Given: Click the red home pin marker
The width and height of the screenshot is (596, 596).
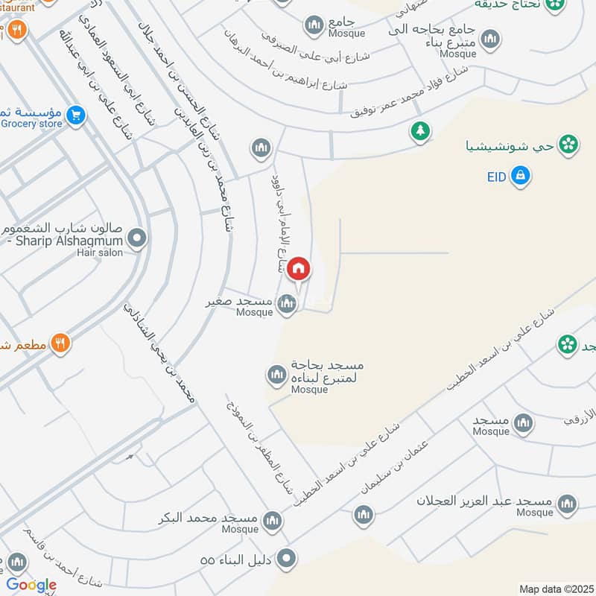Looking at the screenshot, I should coord(298,268).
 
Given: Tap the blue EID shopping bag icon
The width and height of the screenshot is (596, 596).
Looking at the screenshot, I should coord(521,176).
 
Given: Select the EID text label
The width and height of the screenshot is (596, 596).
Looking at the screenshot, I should coord(497,177).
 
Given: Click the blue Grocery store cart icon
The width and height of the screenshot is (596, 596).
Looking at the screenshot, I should coord(74,115).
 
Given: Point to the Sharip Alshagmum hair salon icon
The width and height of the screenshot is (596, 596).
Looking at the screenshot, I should coord(136,239).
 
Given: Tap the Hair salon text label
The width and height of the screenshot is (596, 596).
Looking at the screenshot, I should coord(98,253).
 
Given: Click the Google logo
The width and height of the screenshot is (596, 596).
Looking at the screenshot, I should coord(31,585).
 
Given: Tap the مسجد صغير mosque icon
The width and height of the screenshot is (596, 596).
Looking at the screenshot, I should coord(287,304).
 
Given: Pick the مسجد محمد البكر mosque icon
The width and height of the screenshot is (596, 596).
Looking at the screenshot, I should coord(273,519).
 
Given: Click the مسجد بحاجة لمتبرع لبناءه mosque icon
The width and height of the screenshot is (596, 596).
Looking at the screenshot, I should coord(276,374).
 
